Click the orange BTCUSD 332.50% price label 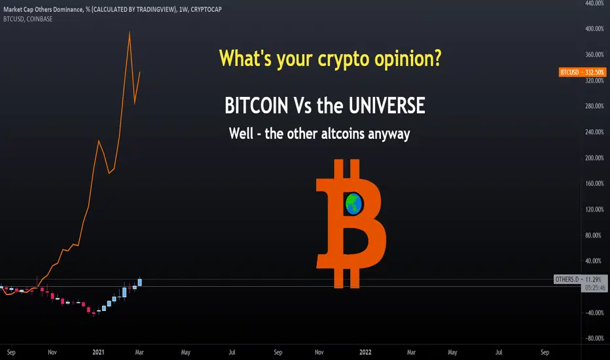[583, 72]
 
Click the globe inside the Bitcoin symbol [353, 204]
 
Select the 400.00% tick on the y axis [594, 29]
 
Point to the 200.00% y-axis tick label [594, 158]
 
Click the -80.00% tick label [594, 338]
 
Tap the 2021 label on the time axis [98, 352]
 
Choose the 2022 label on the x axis [365, 352]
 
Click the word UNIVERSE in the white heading [387, 105]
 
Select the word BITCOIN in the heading [257, 105]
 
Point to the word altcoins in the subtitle [343, 134]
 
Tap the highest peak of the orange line [130, 32]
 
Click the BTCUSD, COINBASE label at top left [27, 19]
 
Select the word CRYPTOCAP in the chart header [206, 9]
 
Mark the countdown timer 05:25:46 [595, 288]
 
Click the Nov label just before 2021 [52, 352]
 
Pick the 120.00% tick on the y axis [594, 209]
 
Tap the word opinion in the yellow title [408, 59]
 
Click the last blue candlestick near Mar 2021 [139, 281]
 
